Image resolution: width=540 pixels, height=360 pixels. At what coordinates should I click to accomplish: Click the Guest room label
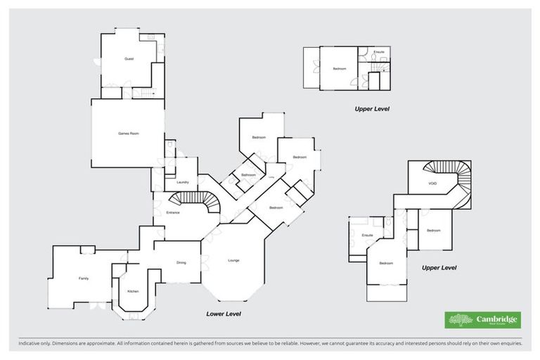tap(129, 58)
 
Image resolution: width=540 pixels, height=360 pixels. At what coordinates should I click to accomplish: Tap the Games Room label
tap(127, 133)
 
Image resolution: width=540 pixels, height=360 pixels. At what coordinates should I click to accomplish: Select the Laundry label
tap(183, 182)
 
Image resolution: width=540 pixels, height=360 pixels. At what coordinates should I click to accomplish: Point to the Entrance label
tap(173, 212)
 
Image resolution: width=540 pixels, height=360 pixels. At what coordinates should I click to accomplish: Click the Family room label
tap(83, 278)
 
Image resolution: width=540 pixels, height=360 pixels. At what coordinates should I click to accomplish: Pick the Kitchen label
tap(133, 290)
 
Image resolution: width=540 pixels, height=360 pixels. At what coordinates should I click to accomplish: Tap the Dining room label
tap(181, 262)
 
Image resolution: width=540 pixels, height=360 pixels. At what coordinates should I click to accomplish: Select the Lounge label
tap(233, 261)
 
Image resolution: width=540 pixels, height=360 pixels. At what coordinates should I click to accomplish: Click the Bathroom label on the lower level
tap(248, 174)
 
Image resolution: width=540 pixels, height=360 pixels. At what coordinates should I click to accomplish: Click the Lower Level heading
tap(224, 314)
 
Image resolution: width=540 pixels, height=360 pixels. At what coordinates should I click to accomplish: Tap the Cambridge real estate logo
tap(483, 320)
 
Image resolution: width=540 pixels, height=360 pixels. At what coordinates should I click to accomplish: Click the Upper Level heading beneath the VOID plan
tap(439, 268)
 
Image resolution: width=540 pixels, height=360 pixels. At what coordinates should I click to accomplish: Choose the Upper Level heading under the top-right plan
tap(372, 109)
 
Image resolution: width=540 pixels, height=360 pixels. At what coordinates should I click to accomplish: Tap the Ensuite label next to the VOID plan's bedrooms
tap(366, 234)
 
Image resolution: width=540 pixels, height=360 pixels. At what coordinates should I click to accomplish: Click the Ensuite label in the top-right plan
tap(379, 52)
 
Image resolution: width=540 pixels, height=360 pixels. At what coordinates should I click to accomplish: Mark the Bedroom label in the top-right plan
tap(340, 68)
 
